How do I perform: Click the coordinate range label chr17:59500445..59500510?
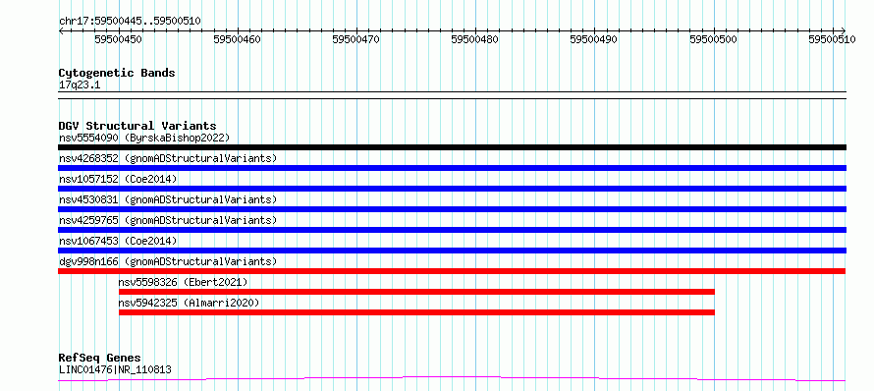pyautogui.click(x=130, y=22)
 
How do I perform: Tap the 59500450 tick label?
pyautogui.click(x=118, y=39)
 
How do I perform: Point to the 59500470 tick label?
pyautogui.click(x=356, y=39)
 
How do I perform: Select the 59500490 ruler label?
pyautogui.click(x=593, y=39)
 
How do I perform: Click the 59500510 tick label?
pyautogui.click(x=832, y=39)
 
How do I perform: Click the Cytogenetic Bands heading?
pyautogui.click(x=117, y=73)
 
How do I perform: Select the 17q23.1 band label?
pyautogui.click(x=80, y=85)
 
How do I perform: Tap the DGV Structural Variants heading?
pyautogui.click(x=137, y=126)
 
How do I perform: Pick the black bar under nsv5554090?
pyautogui.click(x=452, y=147)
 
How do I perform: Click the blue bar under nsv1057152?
pyautogui.click(x=452, y=189)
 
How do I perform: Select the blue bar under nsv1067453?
pyautogui.click(x=452, y=251)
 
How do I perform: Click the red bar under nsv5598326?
pyautogui.click(x=416, y=292)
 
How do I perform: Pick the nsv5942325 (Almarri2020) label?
pyautogui.click(x=189, y=303)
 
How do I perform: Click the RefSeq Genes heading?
pyautogui.click(x=100, y=359)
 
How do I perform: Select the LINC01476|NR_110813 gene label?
pyautogui.click(x=115, y=369)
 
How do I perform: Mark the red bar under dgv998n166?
pyautogui.click(x=452, y=271)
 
